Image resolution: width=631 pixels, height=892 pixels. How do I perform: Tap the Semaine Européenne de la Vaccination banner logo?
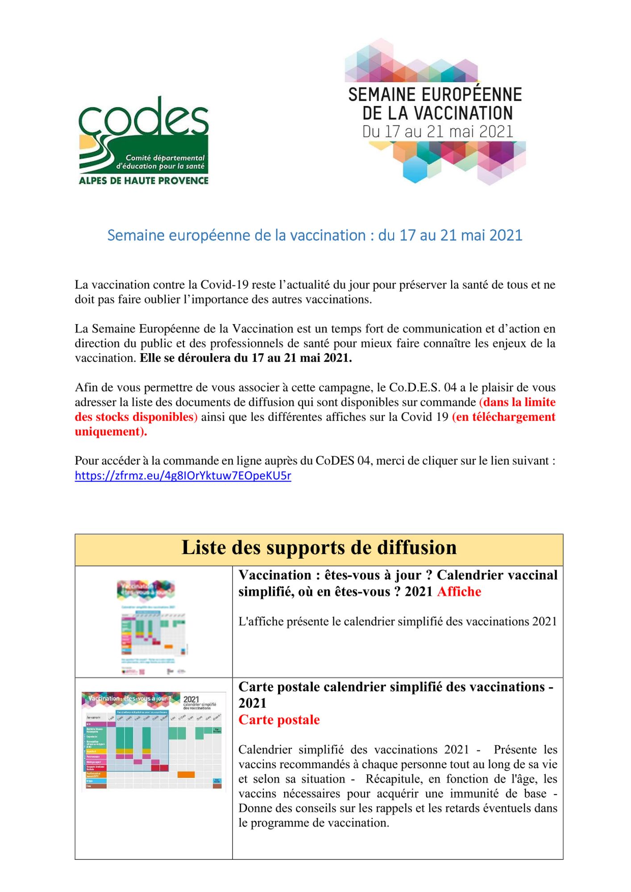pyautogui.click(x=435, y=111)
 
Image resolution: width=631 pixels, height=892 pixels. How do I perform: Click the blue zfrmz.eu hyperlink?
pyautogui.click(x=183, y=475)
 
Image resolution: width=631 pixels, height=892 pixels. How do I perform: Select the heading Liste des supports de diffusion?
pyautogui.click(x=319, y=548)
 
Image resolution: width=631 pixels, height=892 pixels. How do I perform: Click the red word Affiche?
pyautogui.click(x=459, y=592)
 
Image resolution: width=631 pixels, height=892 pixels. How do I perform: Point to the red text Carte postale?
pyautogui.click(x=279, y=720)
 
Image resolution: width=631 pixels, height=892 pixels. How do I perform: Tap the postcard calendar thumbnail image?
pyautogui.click(x=154, y=742)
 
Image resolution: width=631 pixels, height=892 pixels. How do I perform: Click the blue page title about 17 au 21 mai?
pyautogui.click(x=315, y=235)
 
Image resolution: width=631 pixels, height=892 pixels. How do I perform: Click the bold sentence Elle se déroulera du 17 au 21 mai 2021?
pyautogui.click(x=245, y=358)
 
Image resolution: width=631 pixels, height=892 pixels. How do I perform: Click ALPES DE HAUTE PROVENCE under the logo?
pyautogui.click(x=144, y=181)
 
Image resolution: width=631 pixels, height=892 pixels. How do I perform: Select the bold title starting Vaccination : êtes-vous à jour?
pyautogui.click(x=398, y=583)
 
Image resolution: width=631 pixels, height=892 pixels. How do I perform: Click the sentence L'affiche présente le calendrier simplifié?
pyautogui.click(x=398, y=622)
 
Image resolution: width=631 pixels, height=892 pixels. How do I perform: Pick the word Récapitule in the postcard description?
pyautogui.click(x=395, y=779)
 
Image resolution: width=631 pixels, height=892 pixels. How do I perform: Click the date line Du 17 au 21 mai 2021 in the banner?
pyautogui.click(x=437, y=132)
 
